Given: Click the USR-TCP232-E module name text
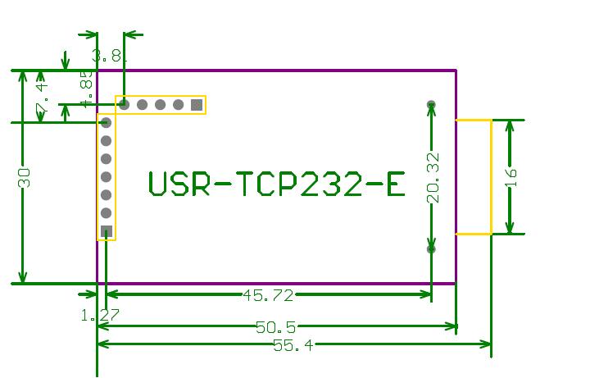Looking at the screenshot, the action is (277, 184).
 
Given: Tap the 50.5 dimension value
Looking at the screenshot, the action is (276, 327).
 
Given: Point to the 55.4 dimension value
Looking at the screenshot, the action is (293, 345).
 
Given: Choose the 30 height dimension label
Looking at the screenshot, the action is (25, 178).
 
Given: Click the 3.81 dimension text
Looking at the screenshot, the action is (110, 56).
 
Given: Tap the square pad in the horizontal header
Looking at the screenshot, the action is (197, 105).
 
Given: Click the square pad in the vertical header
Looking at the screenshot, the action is (107, 231).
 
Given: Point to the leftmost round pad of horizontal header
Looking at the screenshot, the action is (124, 105).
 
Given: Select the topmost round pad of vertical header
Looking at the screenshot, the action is (107, 123).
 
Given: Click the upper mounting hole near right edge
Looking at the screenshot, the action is (431, 105).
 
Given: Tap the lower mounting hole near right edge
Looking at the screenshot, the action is (431, 248).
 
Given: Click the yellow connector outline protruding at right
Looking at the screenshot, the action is (474, 177).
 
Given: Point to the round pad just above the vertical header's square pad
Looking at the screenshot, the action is (107, 213).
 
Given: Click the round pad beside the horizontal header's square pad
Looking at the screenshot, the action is (179, 105).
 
